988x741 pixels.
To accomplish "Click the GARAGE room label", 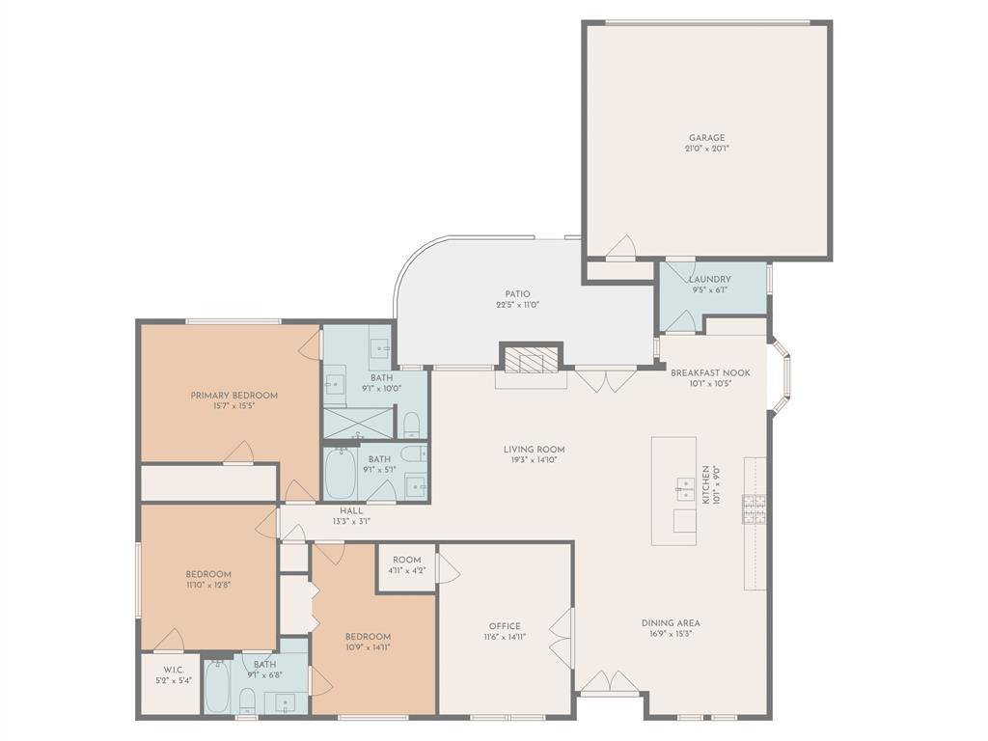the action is coord(706,137).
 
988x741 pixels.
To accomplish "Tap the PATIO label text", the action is coord(517,293).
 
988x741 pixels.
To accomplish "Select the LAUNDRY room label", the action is coord(709,279).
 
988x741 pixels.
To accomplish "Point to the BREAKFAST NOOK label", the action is coord(710,372).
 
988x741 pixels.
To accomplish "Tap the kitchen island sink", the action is coord(685,489).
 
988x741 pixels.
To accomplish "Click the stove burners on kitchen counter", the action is coord(755,509).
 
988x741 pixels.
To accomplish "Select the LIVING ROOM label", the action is coord(534,450).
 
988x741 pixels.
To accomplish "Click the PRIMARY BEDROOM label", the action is coord(233,395).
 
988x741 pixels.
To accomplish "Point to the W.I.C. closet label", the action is coord(173,670).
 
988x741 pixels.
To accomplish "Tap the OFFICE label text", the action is coord(505,625).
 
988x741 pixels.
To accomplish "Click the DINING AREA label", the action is coord(671,622).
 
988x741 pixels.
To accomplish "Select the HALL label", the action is coord(351,510).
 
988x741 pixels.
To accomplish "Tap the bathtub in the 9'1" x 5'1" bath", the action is coord(341,473).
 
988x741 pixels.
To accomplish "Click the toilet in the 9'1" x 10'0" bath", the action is coord(411,424).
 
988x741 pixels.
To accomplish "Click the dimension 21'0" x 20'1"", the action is coord(706,149).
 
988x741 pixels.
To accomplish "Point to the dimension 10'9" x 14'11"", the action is coord(368,647).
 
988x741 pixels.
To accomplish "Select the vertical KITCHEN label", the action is coord(705,484).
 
